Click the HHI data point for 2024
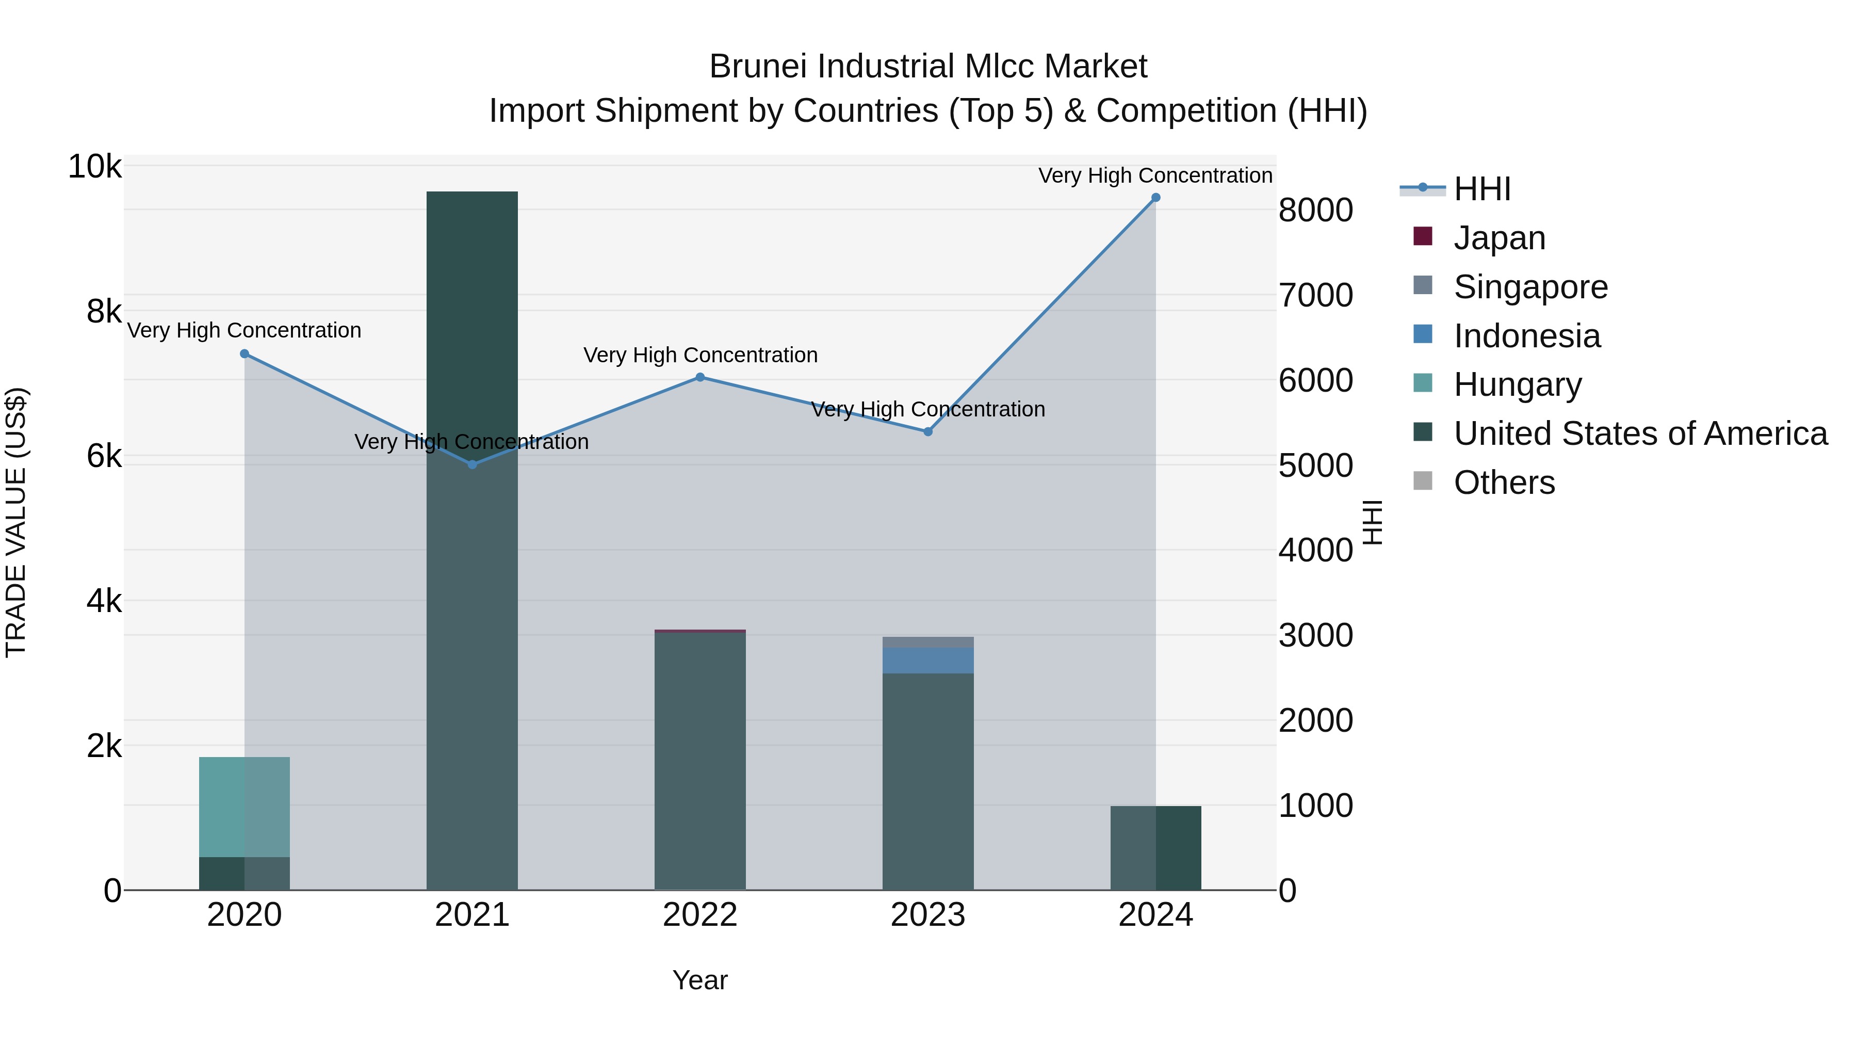1155,198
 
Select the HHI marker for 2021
472,464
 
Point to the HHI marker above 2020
245,354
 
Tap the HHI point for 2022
700,377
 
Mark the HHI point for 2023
928,432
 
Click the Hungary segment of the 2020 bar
245,807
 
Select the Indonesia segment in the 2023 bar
928,661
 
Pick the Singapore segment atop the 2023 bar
928,642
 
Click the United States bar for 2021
472,541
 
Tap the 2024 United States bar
1155,848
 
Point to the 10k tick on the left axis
94,167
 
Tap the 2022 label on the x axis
700,915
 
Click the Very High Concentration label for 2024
1155,175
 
